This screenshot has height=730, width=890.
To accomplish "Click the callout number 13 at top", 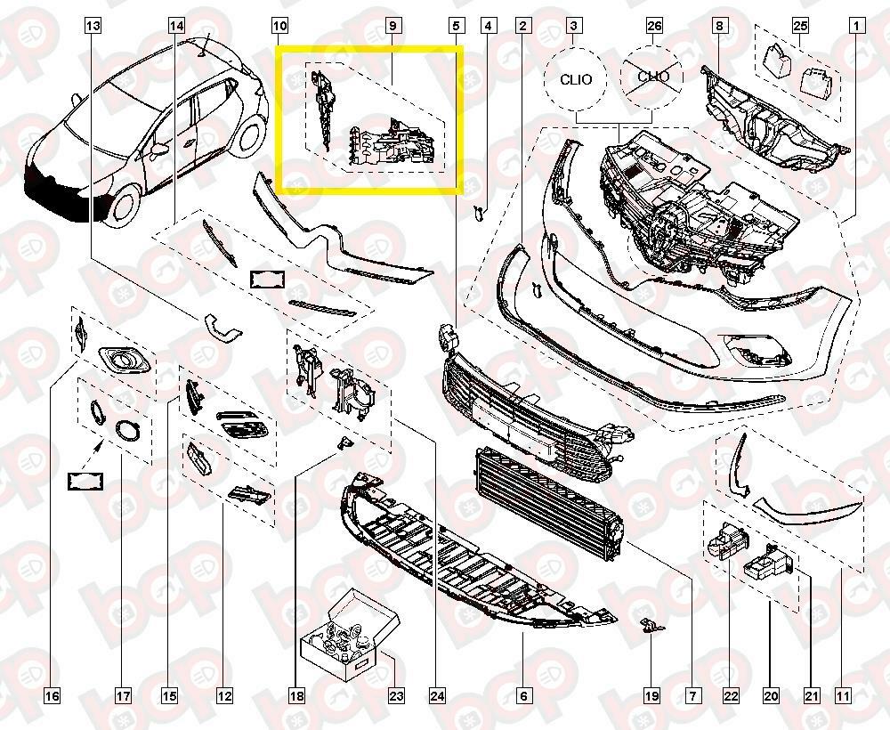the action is click(x=93, y=26).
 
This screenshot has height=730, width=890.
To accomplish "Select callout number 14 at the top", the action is click(x=176, y=26).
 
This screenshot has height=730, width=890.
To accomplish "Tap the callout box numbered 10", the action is click(x=279, y=26).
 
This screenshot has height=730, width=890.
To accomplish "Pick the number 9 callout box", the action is click(x=392, y=26).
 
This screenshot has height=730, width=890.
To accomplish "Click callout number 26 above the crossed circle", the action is click(x=654, y=26).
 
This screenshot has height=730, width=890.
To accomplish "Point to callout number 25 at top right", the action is click(x=800, y=26).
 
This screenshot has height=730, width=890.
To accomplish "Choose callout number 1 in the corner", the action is click(x=856, y=26).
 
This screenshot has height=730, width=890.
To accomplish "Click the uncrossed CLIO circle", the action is click(x=576, y=79).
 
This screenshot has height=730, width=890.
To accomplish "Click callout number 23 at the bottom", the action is click(x=396, y=695).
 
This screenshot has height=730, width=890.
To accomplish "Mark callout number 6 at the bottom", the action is click(x=523, y=695).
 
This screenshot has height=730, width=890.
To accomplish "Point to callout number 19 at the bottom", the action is click(x=651, y=695).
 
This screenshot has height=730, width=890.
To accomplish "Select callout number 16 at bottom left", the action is click(x=52, y=695).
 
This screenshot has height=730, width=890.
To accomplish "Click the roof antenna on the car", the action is click(x=204, y=45).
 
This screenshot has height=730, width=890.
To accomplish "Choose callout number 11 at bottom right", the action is click(x=843, y=695).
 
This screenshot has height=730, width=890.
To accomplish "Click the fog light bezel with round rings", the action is click(x=125, y=361).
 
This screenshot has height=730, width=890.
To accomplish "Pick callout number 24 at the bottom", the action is click(x=438, y=695).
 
